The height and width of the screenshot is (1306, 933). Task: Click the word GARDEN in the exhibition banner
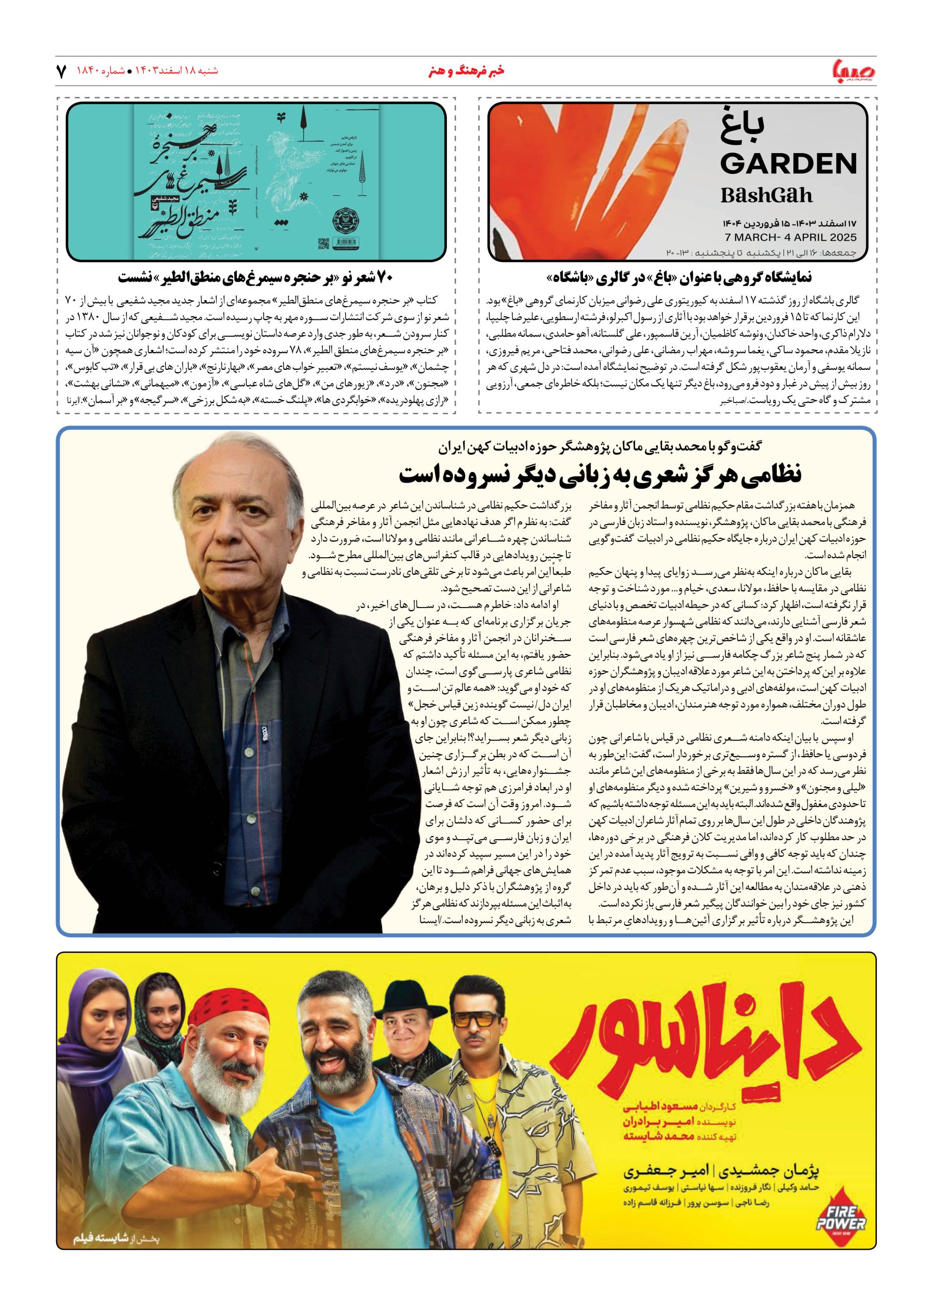pyautogui.click(x=788, y=164)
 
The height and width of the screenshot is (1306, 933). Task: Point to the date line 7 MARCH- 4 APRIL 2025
pyautogui.click(x=791, y=237)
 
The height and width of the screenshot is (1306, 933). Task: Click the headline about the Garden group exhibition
pyautogui.click(x=679, y=278)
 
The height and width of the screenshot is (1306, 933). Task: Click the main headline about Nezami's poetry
pyautogui.click(x=600, y=474)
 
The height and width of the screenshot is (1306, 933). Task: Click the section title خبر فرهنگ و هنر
pyautogui.click(x=466, y=71)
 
